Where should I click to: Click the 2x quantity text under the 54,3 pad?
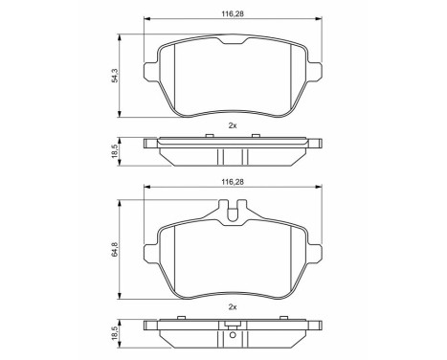click(231, 125)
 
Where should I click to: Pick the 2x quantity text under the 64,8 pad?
click(231, 306)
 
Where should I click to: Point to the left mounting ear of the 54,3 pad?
click(149, 72)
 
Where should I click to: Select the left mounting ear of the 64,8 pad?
click(149, 254)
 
